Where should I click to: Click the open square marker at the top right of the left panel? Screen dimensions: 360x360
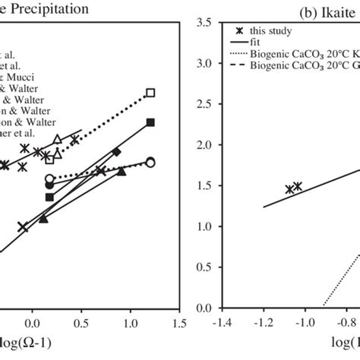click(x=150, y=93)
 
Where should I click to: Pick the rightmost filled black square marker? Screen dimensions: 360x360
click(x=150, y=122)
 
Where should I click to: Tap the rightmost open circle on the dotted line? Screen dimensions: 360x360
click(x=150, y=162)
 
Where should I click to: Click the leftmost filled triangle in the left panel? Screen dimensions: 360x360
click(x=43, y=219)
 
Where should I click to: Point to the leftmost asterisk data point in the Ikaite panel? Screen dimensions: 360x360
click(x=289, y=189)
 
